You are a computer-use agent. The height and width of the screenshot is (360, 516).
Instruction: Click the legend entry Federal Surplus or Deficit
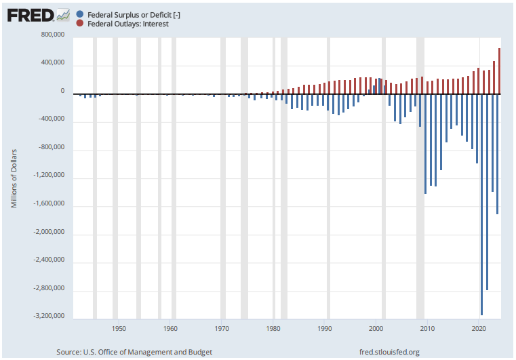click(130, 14)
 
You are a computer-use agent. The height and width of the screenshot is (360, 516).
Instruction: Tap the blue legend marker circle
click(81, 14)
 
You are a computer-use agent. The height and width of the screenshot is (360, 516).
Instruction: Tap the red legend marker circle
click(81, 24)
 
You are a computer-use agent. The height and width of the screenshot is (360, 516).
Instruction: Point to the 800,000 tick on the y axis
click(53, 35)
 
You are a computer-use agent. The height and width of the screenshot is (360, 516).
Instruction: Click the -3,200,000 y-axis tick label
click(49, 317)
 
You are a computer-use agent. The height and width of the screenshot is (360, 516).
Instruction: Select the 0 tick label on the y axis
click(62, 92)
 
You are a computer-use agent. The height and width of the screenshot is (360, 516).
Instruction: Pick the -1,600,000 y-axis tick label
click(49, 204)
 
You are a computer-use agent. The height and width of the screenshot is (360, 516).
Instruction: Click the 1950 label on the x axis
click(119, 329)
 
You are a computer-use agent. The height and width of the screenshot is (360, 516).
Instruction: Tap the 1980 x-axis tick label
click(273, 329)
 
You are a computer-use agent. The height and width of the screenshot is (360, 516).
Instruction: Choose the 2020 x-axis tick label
click(479, 329)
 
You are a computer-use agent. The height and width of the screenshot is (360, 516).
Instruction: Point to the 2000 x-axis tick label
click(376, 329)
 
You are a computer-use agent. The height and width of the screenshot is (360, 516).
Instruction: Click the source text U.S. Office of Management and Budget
click(134, 352)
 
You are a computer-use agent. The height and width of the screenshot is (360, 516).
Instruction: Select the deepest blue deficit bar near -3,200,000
click(482, 203)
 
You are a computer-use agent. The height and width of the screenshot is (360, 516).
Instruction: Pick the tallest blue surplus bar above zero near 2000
click(379, 85)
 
